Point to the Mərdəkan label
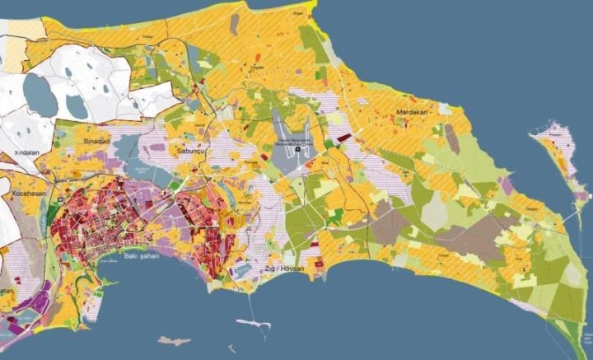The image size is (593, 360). (414, 112)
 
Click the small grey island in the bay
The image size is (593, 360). (174, 340)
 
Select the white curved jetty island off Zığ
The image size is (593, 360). (256, 324)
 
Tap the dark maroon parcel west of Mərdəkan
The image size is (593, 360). (344, 136)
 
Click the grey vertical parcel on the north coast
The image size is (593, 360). (234, 24)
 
